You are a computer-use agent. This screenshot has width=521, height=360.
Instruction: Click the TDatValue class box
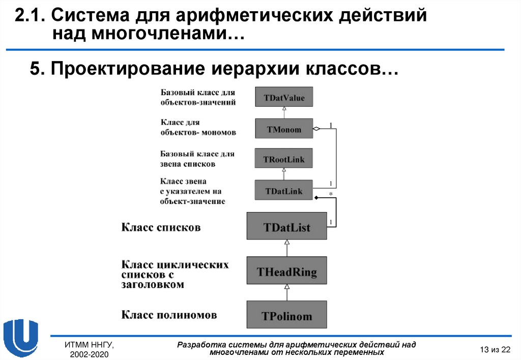[284, 97]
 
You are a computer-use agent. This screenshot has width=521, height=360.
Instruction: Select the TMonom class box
[284, 129]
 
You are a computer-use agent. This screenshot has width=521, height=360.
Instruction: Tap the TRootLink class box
[284, 159]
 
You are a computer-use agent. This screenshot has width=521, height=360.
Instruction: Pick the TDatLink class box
[284, 191]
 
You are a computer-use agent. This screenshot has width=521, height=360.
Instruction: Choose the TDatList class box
[287, 226]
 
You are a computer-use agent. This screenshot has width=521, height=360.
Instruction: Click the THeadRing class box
[287, 272]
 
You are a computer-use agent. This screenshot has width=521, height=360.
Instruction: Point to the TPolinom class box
[287, 315]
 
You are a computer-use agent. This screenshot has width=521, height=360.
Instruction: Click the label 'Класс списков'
[161, 227]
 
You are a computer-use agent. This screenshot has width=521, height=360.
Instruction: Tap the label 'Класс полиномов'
[169, 315]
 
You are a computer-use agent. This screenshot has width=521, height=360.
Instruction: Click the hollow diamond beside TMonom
[316, 129]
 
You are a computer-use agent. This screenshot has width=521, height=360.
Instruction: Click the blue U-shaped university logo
[20, 337]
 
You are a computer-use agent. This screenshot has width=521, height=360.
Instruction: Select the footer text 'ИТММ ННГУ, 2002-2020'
[89, 349]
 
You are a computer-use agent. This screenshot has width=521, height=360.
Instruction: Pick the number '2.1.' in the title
[30, 17]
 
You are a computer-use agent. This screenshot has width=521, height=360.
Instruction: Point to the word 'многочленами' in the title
[152, 35]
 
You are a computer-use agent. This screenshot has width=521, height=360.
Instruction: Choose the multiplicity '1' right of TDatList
[332, 222]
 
